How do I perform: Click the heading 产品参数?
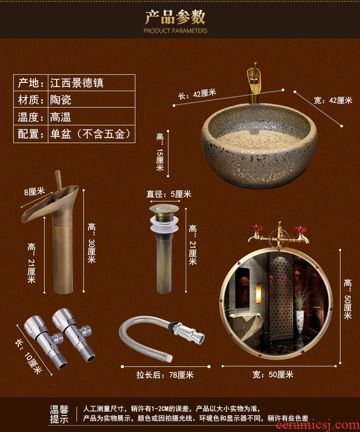click(175, 17)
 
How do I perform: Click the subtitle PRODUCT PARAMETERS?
click(175, 31)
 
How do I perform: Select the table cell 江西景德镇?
click(77, 83)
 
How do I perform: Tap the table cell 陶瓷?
click(61, 100)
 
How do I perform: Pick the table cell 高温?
click(61, 117)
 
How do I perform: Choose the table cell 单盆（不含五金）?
click(90, 134)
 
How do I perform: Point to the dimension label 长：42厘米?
click(197, 94)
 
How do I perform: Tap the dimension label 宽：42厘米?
click(333, 100)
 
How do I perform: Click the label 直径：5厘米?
click(169, 194)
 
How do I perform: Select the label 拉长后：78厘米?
click(165, 375)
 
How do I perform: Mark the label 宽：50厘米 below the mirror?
click(273, 375)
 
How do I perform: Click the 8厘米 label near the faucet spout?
click(35, 191)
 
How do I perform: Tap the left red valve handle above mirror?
click(255, 229)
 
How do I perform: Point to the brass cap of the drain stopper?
click(164, 209)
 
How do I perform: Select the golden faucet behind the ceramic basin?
click(254, 82)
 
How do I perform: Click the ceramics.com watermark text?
click(318, 426)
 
